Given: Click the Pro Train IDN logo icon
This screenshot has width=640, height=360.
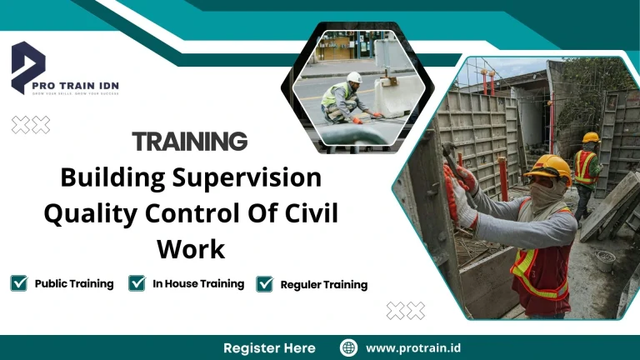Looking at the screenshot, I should point(27,66).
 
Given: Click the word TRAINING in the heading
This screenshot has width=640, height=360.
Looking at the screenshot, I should point(190,141).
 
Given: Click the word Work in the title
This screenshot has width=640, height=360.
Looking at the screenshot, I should point(190,248).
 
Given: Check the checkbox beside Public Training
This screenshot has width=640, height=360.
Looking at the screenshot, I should point(19,283).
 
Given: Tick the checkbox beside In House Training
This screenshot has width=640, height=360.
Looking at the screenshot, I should point(137,283).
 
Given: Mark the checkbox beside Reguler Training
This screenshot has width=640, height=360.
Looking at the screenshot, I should point(265,284).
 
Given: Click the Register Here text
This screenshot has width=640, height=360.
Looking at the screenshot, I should point(269,347).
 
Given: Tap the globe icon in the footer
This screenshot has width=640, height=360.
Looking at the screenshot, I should point(349,347).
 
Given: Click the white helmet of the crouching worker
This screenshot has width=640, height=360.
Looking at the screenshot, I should point(354,77).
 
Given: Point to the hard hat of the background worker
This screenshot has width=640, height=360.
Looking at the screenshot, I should point(590,137).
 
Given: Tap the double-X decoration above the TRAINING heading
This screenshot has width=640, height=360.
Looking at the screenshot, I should point(30,125).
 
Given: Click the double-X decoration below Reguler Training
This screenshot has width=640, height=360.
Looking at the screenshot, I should point(405,311).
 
